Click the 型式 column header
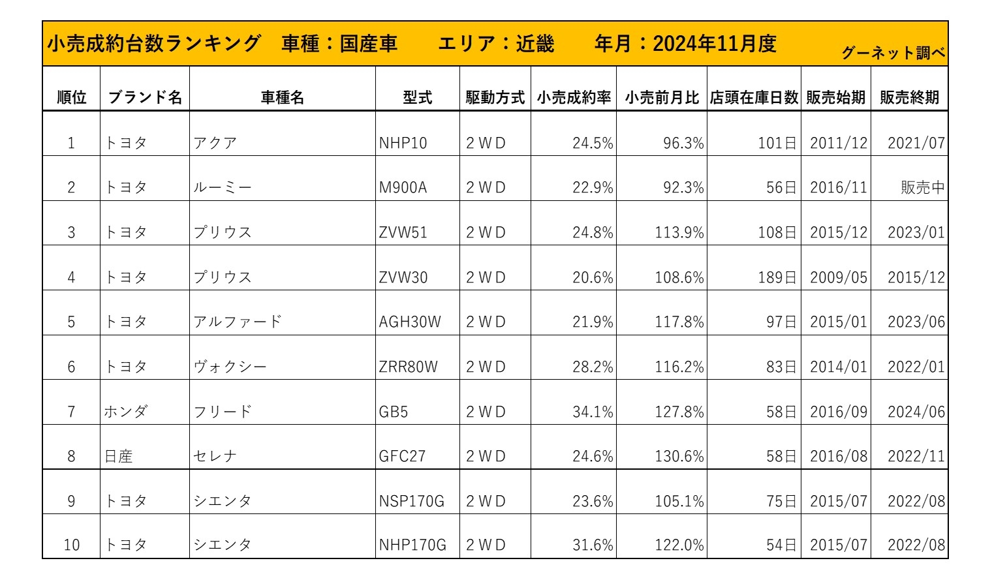[x=417, y=98]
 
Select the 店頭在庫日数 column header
[x=754, y=98]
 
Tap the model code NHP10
[x=403, y=143]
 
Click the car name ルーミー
[x=222, y=188]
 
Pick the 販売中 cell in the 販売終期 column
[x=922, y=188]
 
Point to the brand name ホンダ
[x=126, y=412]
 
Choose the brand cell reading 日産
[x=119, y=457]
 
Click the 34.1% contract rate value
[x=593, y=412]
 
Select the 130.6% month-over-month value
[x=679, y=457]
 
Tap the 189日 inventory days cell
[x=777, y=277]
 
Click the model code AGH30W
[x=410, y=322]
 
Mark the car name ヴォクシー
[x=230, y=367]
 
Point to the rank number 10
[x=71, y=545]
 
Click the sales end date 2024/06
[x=916, y=412]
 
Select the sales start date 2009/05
[x=839, y=277]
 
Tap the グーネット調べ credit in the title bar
[x=893, y=53]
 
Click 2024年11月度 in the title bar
[x=715, y=44]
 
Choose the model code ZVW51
[x=403, y=233]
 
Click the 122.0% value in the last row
[x=679, y=545]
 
